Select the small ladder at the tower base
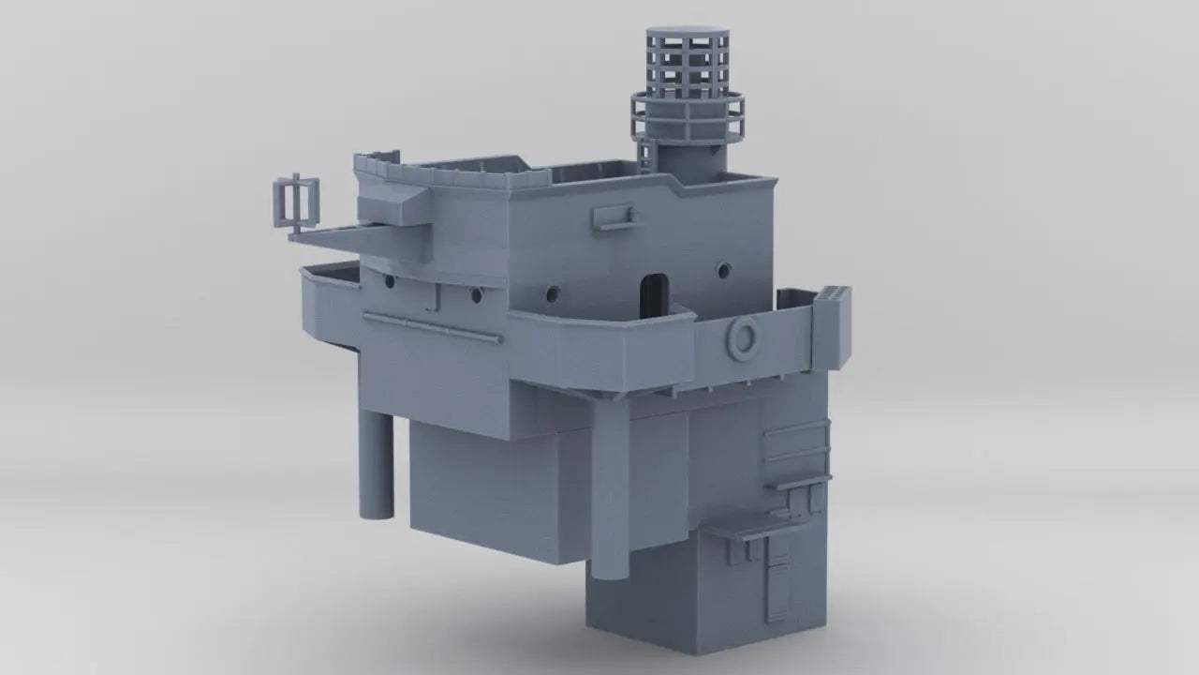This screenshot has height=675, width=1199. pyautogui.click(x=644, y=153)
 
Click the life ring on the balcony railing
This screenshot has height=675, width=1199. pyautogui.click(x=742, y=337)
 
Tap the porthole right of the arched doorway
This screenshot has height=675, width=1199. pyautogui.click(x=723, y=271)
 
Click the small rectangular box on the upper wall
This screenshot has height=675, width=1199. pyautogui.click(x=614, y=217)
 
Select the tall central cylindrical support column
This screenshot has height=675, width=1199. pyautogui.click(x=611, y=487)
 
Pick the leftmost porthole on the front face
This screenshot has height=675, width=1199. pyautogui.click(x=388, y=279)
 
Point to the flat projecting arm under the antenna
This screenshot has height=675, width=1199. pyautogui.click(x=328, y=237)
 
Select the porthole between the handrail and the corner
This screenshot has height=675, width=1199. pyautogui.click(x=476, y=295)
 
